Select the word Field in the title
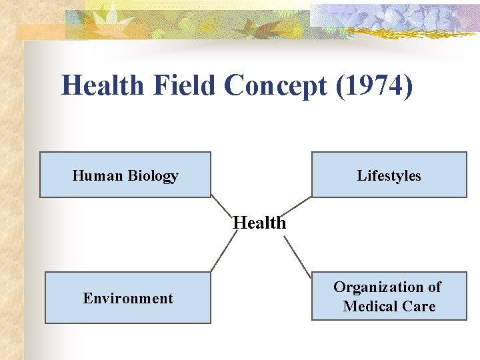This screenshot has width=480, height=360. (x=186, y=86)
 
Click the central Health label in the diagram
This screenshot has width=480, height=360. (x=259, y=223)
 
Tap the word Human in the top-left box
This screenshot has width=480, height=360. (x=97, y=176)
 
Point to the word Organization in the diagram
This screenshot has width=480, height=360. (x=378, y=287)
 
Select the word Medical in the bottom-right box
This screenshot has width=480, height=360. (x=371, y=307)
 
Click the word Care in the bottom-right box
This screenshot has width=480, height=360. (x=419, y=307)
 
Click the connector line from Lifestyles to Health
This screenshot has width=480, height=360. (x=299, y=206)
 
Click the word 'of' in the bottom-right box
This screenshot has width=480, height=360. (x=434, y=287)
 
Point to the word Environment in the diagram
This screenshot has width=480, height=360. (x=128, y=298)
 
